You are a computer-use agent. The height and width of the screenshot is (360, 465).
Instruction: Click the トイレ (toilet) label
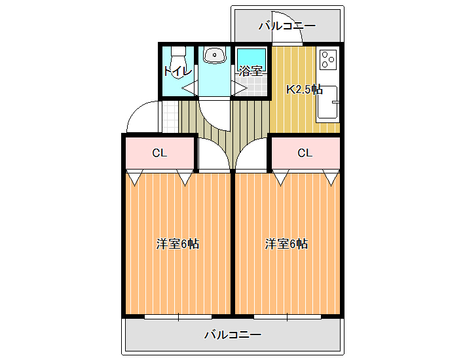(x=177, y=71)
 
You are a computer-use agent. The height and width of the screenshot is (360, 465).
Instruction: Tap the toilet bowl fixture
(x=178, y=62)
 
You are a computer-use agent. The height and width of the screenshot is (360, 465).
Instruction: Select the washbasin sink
(x=214, y=55)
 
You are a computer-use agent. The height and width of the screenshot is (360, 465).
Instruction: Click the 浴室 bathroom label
(x=251, y=71)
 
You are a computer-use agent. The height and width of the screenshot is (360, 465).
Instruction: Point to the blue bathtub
(x=251, y=60)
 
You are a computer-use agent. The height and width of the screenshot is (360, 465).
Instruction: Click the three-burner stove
(x=328, y=60)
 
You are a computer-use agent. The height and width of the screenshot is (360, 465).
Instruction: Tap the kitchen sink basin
(x=327, y=102)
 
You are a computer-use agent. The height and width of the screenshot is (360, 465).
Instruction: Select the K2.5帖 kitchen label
(x=305, y=89)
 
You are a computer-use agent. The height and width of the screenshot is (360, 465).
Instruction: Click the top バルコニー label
(x=288, y=26)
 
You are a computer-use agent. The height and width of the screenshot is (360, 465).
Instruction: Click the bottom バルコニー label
(x=233, y=335)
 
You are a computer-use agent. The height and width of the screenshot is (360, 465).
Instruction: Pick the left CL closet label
(x=160, y=153)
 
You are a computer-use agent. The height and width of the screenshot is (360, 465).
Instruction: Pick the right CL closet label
(x=305, y=153)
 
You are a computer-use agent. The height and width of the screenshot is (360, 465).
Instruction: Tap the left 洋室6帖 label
(x=177, y=244)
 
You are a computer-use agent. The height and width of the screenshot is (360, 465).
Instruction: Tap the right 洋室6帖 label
(x=286, y=244)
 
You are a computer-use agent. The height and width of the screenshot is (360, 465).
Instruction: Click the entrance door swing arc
(x=135, y=110)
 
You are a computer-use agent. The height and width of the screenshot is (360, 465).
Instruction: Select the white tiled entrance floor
(x=170, y=117)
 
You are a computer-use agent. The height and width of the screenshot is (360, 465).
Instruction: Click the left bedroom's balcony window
(x=178, y=317)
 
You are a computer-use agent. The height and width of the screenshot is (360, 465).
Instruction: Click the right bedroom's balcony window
(x=288, y=317)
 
